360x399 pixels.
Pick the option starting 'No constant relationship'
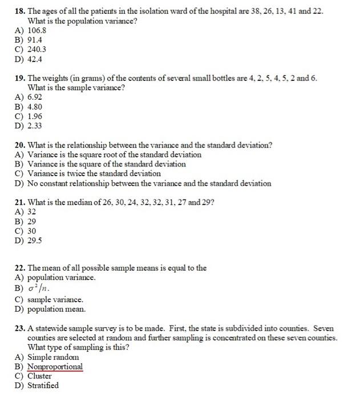(x=149, y=183)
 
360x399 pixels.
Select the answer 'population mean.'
(x=56, y=309)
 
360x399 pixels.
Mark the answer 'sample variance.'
(x=55, y=299)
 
